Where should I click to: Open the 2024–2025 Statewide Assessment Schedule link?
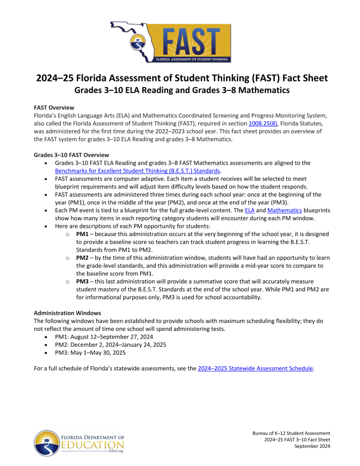point(256,368)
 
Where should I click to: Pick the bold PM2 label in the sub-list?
point(83,259)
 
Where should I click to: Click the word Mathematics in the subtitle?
point(256,89)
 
